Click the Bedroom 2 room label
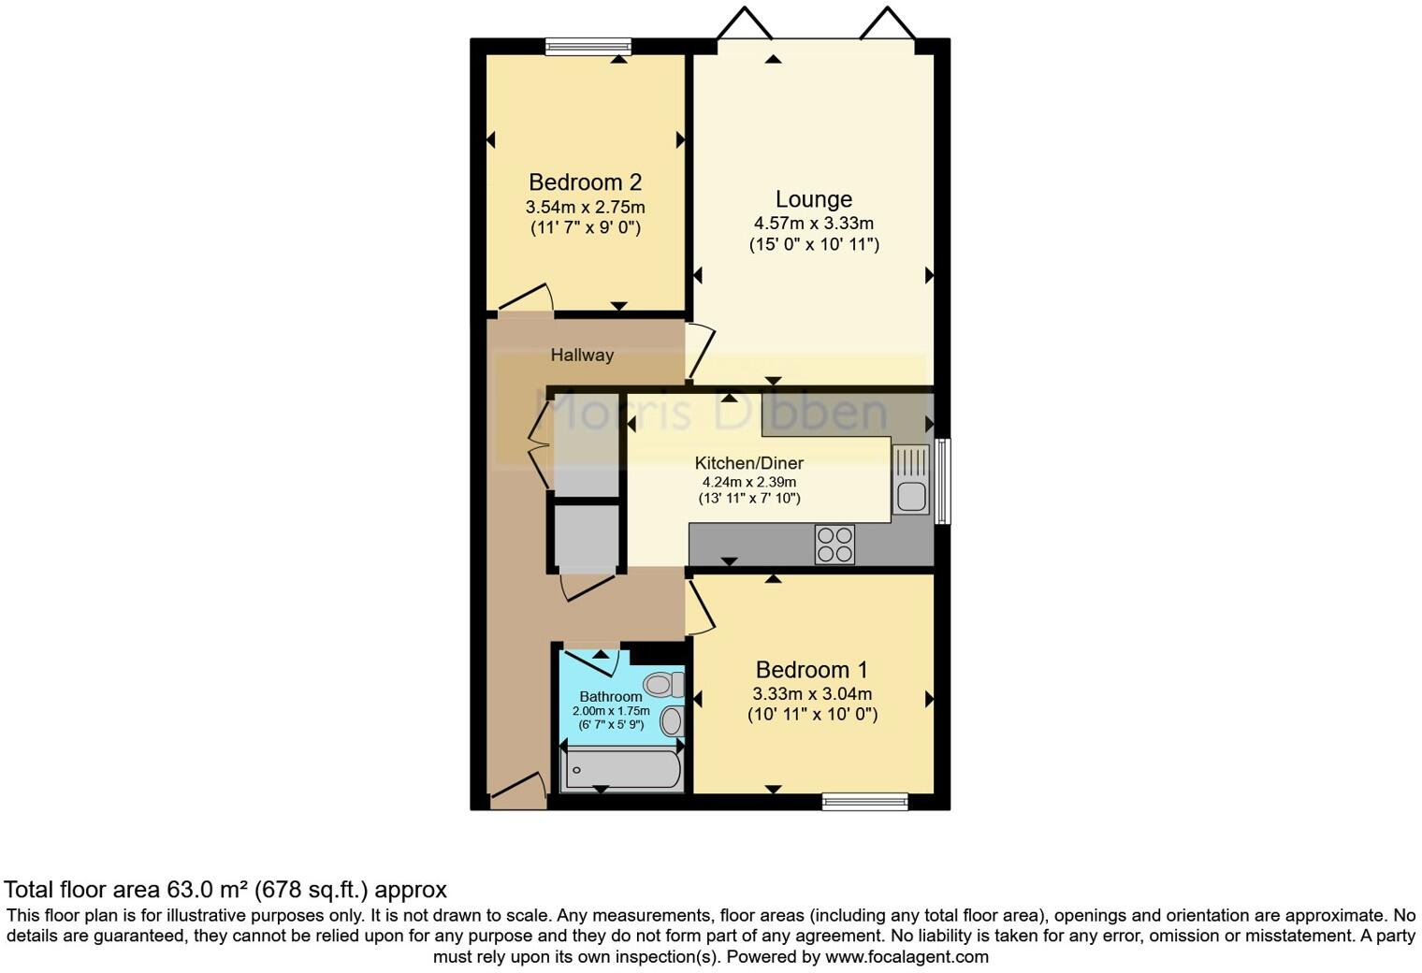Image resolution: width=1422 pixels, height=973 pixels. point(585,182)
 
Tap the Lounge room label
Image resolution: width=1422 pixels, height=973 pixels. point(813,199)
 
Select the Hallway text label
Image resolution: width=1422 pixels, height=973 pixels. point(582,356)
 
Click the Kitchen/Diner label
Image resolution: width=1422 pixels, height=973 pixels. point(748,463)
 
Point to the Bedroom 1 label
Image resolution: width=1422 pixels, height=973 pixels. point(811,670)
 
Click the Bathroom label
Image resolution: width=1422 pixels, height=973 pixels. point(610,696)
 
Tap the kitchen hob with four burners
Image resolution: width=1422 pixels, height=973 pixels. point(834,545)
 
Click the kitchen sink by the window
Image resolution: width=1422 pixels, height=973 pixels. point(910,480)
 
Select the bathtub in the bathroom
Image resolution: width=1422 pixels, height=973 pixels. point(621,770)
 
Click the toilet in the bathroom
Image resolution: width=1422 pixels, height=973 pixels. point(665,685)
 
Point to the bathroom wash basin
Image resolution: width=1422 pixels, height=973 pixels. point(672,721)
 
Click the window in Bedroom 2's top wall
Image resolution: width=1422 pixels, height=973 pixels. point(588,47)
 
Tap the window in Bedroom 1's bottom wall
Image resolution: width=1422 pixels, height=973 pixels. point(864,801)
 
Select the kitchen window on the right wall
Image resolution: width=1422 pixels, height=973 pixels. point(943,481)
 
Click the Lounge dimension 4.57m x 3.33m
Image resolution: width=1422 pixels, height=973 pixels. point(813,224)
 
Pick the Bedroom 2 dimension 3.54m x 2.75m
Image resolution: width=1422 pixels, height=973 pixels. point(585,208)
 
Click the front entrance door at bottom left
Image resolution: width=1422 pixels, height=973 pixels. point(517,792)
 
